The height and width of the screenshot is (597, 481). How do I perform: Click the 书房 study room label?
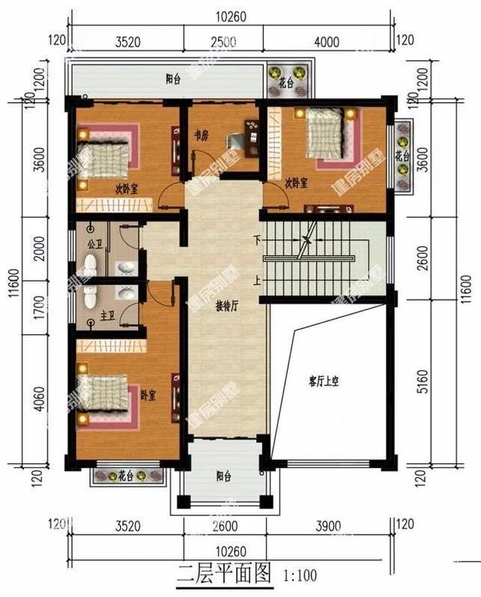(x=199, y=136)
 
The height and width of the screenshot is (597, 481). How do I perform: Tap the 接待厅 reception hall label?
(x=227, y=306)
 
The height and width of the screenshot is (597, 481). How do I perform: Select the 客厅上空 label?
(x=325, y=381)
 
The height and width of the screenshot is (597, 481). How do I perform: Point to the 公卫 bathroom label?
(x=95, y=244)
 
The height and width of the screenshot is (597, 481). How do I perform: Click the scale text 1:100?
(x=300, y=577)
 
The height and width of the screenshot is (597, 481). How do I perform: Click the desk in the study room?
(x=244, y=140)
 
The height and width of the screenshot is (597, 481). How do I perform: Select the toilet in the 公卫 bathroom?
(x=90, y=264)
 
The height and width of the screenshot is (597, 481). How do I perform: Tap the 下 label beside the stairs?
(x=257, y=240)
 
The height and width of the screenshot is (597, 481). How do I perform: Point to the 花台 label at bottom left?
(x=126, y=476)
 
